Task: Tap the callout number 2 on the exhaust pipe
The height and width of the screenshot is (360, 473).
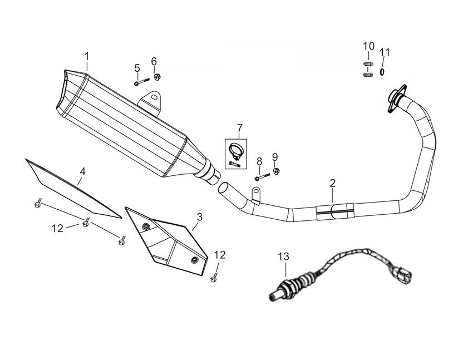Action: pos(332,183)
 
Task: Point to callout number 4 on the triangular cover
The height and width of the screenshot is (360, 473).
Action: pos(82,172)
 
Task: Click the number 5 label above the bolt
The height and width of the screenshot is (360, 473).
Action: pos(136,68)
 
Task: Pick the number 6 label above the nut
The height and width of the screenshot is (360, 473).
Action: pos(154,61)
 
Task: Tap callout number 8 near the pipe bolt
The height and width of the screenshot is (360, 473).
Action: pos(259,161)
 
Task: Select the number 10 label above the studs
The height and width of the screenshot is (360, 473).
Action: pos(369,46)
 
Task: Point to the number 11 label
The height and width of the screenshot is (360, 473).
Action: pos(385,52)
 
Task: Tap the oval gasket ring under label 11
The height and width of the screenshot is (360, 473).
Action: pos(382,72)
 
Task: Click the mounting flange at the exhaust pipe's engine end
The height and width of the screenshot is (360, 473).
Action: pos(397,98)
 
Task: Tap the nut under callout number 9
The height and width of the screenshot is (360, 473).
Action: pos(277,170)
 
